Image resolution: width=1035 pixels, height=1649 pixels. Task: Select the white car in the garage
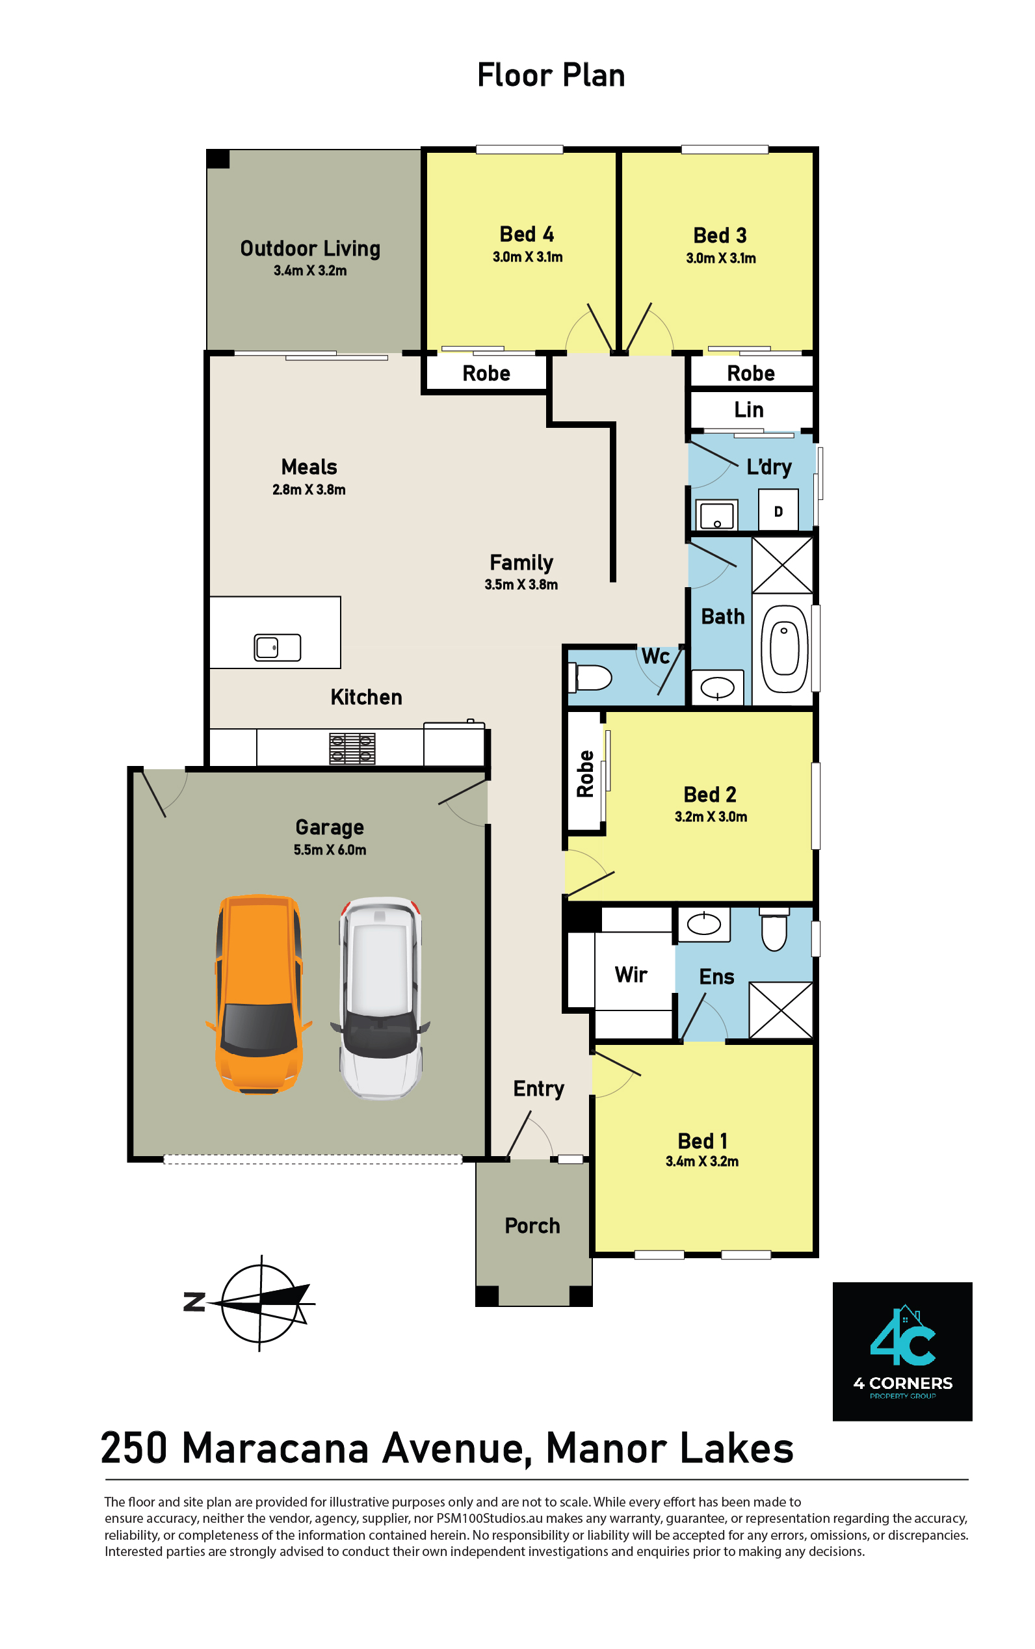pyautogui.click(x=380, y=997)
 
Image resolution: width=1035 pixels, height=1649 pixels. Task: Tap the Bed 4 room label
pyautogui.click(x=527, y=234)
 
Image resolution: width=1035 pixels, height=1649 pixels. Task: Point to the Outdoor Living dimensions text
pyautogui.click(x=310, y=270)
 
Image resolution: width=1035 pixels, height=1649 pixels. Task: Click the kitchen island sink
pyautogui.click(x=277, y=647)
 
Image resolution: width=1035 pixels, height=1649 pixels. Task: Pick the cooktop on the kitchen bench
pyautogui.click(x=352, y=748)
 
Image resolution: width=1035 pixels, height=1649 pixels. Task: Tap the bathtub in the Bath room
pyautogui.click(x=784, y=649)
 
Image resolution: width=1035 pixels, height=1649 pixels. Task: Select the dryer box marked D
pyautogui.click(x=778, y=510)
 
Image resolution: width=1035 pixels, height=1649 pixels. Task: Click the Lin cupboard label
pyautogui.click(x=749, y=410)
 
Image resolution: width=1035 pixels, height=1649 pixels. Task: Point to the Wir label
pyautogui.click(x=631, y=974)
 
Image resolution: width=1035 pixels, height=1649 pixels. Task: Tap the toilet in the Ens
pyautogui.click(x=774, y=929)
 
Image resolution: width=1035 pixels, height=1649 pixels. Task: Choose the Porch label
pyautogui.click(x=532, y=1225)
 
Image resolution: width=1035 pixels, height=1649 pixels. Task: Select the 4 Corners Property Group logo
pyautogui.click(x=902, y=1351)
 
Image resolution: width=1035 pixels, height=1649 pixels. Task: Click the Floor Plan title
pyautogui.click(x=551, y=75)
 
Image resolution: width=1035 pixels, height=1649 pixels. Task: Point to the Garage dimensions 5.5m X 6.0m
pyautogui.click(x=330, y=849)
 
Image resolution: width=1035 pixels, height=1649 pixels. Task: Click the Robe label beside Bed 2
pyautogui.click(x=585, y=774)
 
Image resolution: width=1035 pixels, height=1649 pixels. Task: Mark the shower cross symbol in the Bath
pyautogui.click(x=782, y=564)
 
